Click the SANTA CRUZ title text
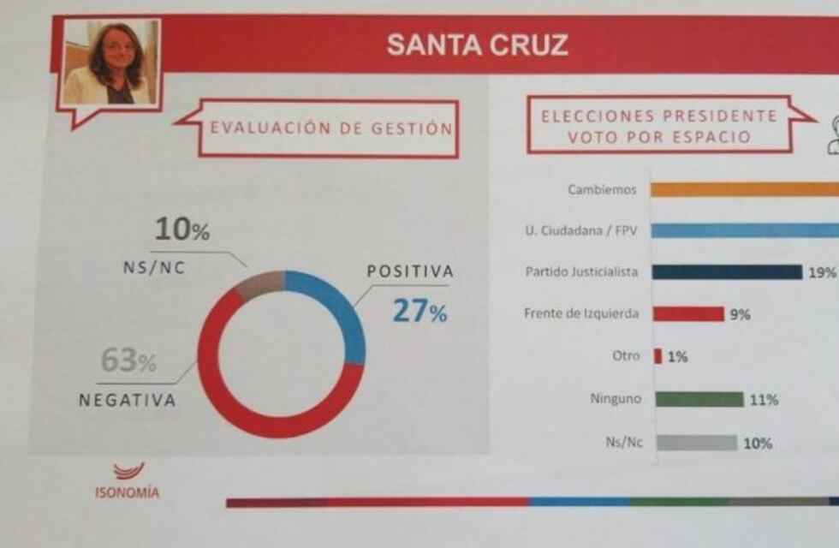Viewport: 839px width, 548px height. pos(477,45)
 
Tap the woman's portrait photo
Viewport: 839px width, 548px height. pos(110,63)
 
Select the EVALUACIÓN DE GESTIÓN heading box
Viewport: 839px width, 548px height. pos(330,129)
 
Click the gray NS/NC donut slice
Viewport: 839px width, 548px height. pos(259,284)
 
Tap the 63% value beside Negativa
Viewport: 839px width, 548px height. pos(128,361)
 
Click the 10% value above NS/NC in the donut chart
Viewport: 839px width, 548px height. pos(181,229)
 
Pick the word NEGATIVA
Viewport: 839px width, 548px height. pos(128,400)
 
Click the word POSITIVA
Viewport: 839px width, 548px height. pos(410,271)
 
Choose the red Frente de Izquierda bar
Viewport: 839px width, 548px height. pos(688,314)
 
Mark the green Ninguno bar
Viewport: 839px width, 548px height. pos(698,400)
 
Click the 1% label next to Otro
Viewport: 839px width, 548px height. pos(677,357)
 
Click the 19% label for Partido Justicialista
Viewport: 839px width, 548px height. pos(822,272)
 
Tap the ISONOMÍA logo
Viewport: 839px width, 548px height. pos(127,481)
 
